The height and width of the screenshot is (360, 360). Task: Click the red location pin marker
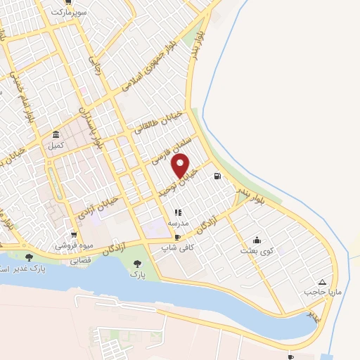[x=181, y=166]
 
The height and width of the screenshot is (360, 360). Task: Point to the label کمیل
[x=55, y=146]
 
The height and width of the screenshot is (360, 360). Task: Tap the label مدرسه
[x=177, y=222]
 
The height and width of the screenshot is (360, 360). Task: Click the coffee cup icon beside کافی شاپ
[x=178, y=237]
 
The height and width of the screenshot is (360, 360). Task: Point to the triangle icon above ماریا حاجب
[x=323, y=280]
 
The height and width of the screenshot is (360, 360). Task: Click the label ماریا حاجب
[x=316, y=290]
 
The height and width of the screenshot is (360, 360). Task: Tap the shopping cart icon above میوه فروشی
[x=74, y=235]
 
